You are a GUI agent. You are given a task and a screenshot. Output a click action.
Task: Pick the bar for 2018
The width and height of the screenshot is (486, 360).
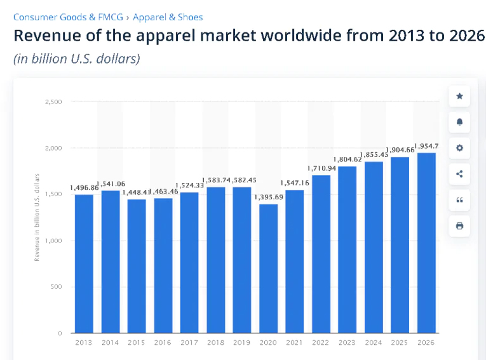[215, 260]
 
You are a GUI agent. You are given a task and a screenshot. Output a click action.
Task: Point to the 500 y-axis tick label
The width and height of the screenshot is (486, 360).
[56, 287]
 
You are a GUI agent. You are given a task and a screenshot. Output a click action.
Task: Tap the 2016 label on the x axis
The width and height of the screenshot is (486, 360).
[163, 342]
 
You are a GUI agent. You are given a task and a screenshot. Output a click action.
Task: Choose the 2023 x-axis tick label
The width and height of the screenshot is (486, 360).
[347, 342]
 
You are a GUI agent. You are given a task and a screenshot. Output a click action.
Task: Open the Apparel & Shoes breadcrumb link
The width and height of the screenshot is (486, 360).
[168, 17]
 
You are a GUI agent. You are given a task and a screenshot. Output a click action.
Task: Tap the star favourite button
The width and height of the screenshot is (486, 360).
[459, 97]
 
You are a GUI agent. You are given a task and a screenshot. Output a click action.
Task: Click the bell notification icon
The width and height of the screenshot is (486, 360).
[459, 122]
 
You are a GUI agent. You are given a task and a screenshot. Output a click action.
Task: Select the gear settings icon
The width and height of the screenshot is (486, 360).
[459, 148]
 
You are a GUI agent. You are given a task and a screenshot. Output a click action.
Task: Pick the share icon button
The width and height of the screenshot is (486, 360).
[459, 174]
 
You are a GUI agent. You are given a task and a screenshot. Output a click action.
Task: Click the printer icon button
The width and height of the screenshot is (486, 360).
[459, 225]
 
